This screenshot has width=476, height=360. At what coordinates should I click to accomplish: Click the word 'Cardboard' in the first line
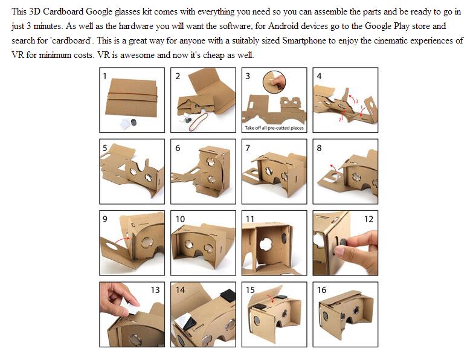click(x=63, y=11)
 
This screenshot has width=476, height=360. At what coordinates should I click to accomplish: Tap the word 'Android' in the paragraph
click(x=283, y=26)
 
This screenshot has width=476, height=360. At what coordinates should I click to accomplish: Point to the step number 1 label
click(x=105, y=76)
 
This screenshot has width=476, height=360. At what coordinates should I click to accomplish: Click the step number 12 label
click(x=368, y=219)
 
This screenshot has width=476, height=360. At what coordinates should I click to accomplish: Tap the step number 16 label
click(x=321, y=290)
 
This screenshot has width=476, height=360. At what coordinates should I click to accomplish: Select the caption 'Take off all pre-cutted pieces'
click(x=274, y=128)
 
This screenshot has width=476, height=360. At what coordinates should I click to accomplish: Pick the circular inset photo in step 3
click(x=274, y=82)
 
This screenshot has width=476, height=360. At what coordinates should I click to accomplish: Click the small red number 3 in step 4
click(x=357, y=101)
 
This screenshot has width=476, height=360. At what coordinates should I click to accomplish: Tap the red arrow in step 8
click(x=333, y=169)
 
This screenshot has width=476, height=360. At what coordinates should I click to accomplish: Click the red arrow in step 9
click(x=123, y=240)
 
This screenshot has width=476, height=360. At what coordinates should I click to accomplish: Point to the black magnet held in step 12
click(x=343, y=242)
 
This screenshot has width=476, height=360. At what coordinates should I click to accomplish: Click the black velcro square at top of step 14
click(x=228, y=295)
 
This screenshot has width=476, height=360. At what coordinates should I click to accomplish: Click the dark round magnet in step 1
click(x=133, y=123)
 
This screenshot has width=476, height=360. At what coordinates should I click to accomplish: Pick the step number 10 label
click(x=180, y=219)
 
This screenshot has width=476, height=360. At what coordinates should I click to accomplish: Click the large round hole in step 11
click(x=266, y=245)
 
